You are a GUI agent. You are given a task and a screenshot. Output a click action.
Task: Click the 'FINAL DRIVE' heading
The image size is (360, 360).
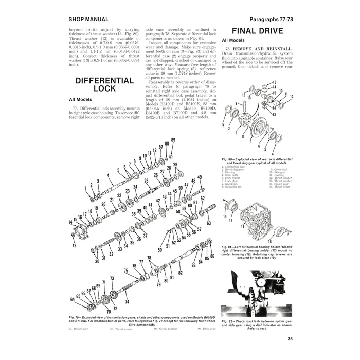[x=257, y=31]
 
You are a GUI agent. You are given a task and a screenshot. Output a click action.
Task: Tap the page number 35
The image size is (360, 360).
[x=290, y=338]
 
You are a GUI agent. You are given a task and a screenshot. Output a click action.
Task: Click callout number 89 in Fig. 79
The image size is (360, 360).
[x=173, y=140]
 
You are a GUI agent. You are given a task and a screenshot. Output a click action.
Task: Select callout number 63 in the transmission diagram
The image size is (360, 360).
[x=208, y=224]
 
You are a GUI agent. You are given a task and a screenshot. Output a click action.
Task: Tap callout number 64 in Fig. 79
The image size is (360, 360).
[x=73, y=299]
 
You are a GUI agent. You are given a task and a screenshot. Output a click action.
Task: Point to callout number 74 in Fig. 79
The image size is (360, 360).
[x=127, y=301]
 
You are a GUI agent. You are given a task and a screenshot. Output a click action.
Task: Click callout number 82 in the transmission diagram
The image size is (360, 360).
[x=180, y=273]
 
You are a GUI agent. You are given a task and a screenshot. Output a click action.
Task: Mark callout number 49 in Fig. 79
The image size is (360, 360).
[x=200, y=177]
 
